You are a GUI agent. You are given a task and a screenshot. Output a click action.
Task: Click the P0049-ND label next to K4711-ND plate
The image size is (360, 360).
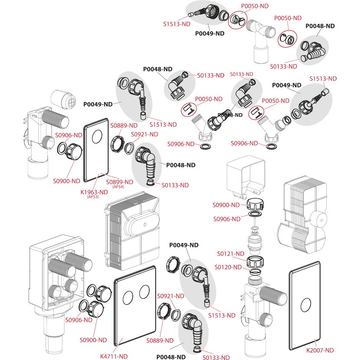(x=186, y=245)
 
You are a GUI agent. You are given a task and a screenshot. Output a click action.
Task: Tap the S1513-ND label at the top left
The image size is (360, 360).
(x=177, y=24)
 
